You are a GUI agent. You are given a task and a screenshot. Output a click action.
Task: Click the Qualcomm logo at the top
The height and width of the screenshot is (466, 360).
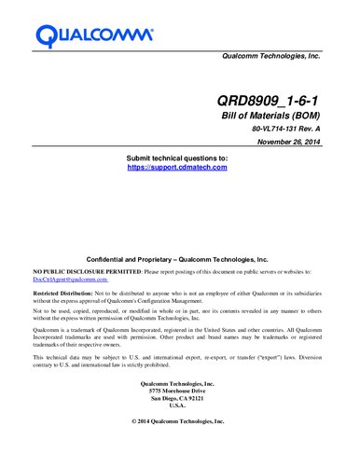(94, 34)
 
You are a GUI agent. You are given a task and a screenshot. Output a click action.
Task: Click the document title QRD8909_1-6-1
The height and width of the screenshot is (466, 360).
(270, 98)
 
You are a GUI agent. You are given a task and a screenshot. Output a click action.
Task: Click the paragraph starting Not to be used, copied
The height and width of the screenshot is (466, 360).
(177, 314)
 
